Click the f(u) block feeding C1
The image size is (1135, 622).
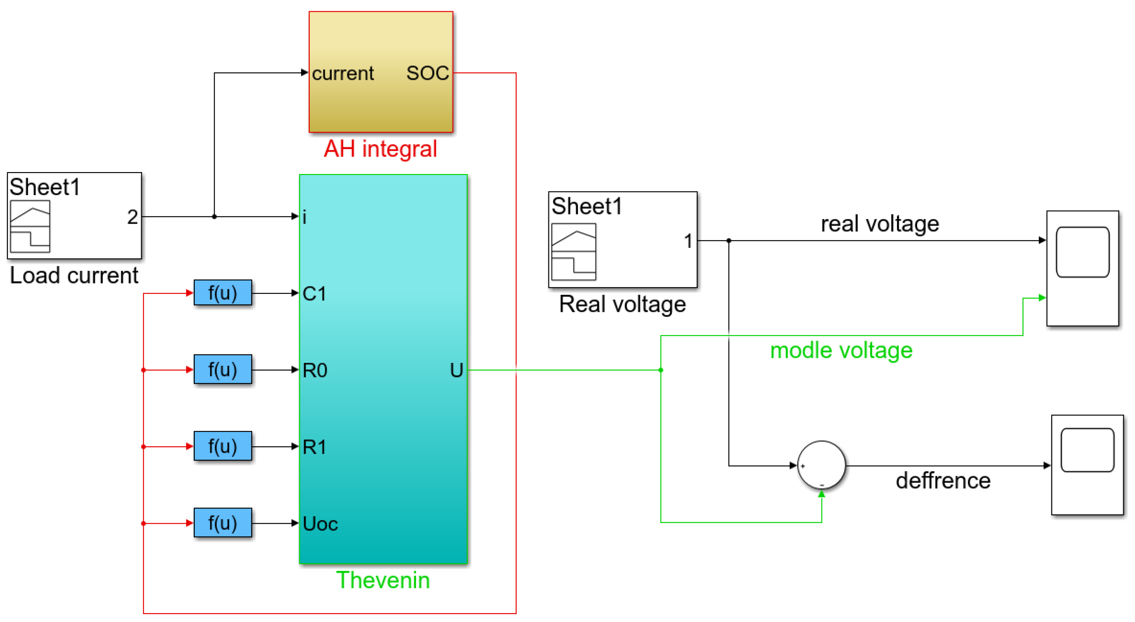pyautogui.click(x=223, y=293)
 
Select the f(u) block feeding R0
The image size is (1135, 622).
pyautogui.click(x=223, y=369)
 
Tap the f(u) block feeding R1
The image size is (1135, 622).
pyautogui.click(x=223, y=446)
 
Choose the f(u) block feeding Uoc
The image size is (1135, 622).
pyautogui.click(x=223, y=523)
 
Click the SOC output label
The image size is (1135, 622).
pyautogui.click(x=427, y=73)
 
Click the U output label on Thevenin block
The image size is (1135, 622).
pyautogui.click(x=456, y=370)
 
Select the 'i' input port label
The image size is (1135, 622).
pyautogui.click(x=304, y=217)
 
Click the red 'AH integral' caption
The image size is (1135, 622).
pyautogui.click(x=380, y=149)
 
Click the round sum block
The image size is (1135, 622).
pyautogui.click(x=821, y=465)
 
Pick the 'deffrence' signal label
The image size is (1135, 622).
pyautogui.click(x=943, y=480)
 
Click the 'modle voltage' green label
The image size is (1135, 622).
pyautogui.click(x=841, y=351)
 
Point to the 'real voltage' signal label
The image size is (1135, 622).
pyautogui.click(x=879, y=224)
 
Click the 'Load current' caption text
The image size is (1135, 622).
pyautogui.click(x=74, y=276)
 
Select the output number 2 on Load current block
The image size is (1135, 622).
pyautogui.click(x=132, y=217)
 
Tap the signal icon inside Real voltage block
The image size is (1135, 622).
pyautogui.click(x=573, y=252)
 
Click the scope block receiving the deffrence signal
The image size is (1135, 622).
pyautogui.click(x=1087, y=465)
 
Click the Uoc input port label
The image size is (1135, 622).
pyautogui.click(x=320, y=524)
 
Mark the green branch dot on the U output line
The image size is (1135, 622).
pyautogui.click(x=660, y=370)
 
